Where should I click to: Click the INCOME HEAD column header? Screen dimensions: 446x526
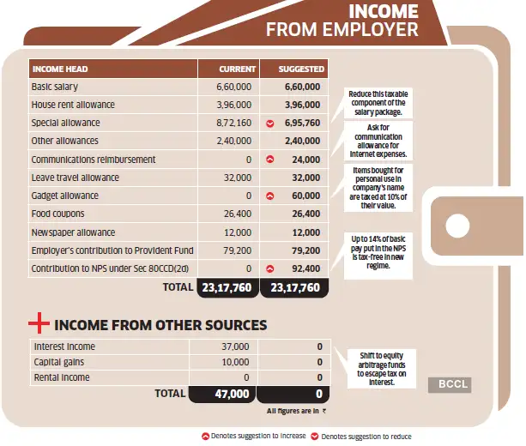point(59,69)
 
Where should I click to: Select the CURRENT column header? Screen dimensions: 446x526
point(237,69)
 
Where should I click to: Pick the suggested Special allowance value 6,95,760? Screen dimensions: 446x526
point(300,123)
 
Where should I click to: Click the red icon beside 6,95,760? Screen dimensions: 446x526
point(269,124)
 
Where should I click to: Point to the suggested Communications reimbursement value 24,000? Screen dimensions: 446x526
point(305,160)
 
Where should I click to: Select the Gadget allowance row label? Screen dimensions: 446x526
point(64,196)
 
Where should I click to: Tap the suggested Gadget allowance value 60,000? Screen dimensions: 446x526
point(305,196)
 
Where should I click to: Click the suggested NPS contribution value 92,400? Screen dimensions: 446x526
point(305,269)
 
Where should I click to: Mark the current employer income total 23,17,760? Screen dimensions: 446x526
point(227,287)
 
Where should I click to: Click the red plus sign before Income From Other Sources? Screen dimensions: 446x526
point(39,325)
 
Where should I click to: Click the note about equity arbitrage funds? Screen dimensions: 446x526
point(375,368)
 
